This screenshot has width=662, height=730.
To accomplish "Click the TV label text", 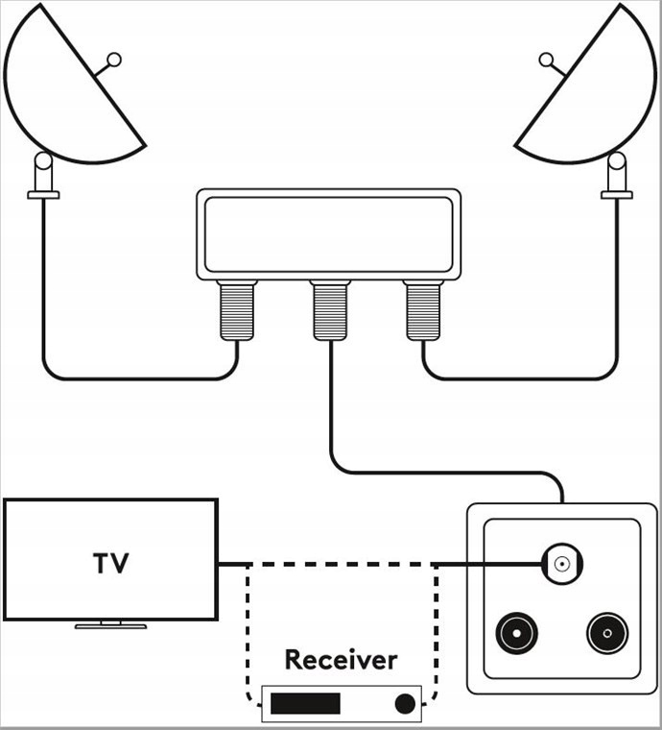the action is click(x=110, y=563).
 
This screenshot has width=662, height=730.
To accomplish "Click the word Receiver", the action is click(x=341, y=660).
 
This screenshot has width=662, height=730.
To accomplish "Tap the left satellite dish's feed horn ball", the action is click(x=114, y=61).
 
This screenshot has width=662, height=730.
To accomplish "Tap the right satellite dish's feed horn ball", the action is click(x=546, y=61).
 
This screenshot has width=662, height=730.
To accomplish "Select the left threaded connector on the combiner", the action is click(x=237, y=310).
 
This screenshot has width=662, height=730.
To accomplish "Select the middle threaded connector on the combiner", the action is click(x=330, y=310).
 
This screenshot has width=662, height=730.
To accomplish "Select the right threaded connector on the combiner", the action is click(x=423, y=310).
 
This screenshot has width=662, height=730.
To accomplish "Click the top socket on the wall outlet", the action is click(x=562, y=564).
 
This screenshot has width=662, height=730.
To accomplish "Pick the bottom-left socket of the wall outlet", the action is click(x=516, y=633).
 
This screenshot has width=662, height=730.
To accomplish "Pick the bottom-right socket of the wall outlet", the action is click(x=607, y=633).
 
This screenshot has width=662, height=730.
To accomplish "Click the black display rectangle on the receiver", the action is click(x=305, y=703).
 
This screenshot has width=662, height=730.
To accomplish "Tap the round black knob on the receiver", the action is click(x=405, y=703).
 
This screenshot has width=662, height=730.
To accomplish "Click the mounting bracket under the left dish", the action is click(x=43, y=176).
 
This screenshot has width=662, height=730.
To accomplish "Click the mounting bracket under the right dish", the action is click(x=617, y=176).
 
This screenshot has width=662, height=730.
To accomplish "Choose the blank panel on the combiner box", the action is click(x=329, y=234).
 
